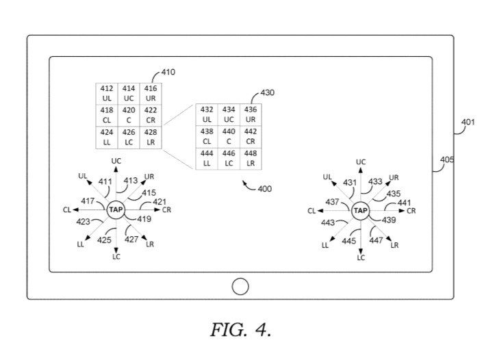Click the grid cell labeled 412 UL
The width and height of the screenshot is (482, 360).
point(106,94)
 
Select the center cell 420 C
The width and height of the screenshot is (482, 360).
point(129,115)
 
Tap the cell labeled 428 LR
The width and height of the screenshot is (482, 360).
point(151,137)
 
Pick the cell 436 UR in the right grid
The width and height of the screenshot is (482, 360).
point(251,114)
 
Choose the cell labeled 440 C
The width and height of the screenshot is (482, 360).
point(229,136)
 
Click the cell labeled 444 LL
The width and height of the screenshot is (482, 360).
point(207,159)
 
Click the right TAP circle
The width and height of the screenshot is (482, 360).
point(360,211)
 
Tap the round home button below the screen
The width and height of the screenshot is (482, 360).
point(240,286)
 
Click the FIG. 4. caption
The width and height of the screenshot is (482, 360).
point(240,331)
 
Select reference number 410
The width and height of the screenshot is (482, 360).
point(167,71)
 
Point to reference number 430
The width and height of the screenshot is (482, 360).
point(268,92)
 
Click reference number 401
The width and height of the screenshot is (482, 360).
point(467,123)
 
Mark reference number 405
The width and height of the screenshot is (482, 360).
point(446,159)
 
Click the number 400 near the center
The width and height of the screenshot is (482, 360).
point(264,188)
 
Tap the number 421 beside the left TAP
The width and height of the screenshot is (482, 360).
point(159,201)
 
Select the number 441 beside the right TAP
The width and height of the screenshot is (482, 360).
point(405,203)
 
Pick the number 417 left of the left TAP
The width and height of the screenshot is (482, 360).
point(88,201)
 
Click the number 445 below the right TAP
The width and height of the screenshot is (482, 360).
point(349,241)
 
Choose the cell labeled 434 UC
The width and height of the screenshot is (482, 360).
point(229,114)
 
